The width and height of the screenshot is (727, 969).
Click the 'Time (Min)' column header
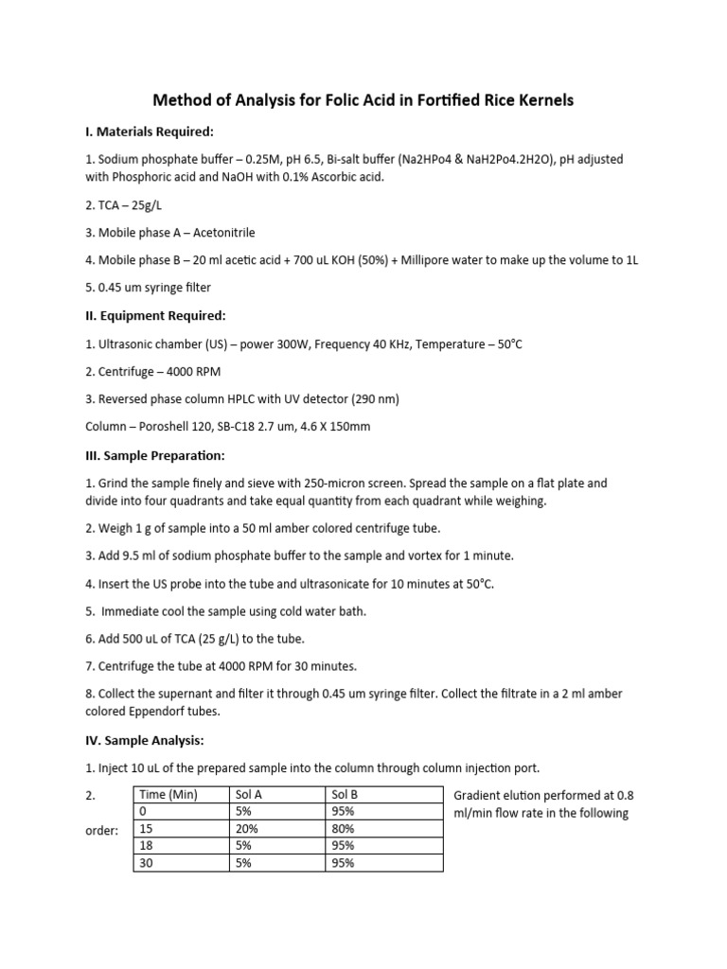(168, 795)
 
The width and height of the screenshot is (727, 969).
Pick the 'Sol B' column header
(344, 795)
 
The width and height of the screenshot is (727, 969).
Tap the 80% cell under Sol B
(343, 828)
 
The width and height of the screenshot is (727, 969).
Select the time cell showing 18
(146, 845)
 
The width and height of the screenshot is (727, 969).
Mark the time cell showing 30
(146, 862)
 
